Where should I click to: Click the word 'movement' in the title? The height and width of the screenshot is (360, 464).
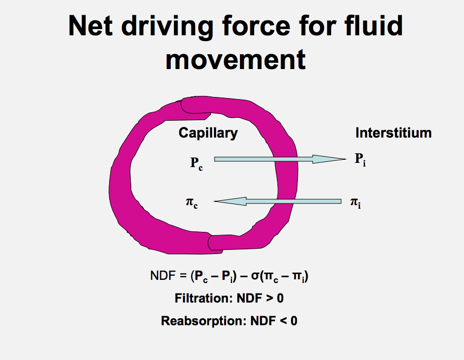click(x=235, y=60)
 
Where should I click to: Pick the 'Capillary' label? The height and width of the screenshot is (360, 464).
click(x=208, y=133)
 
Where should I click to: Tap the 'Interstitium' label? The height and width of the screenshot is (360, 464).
click(x=393, y=133)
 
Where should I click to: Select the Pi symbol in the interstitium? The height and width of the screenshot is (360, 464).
click(x=360, y=160)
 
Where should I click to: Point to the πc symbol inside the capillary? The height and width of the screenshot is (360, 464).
click(x=192, y=202)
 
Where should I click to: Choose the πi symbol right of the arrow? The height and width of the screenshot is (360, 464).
click(x=355, y=202)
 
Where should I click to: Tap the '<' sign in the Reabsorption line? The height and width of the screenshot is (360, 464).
click(x=282, y=320)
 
